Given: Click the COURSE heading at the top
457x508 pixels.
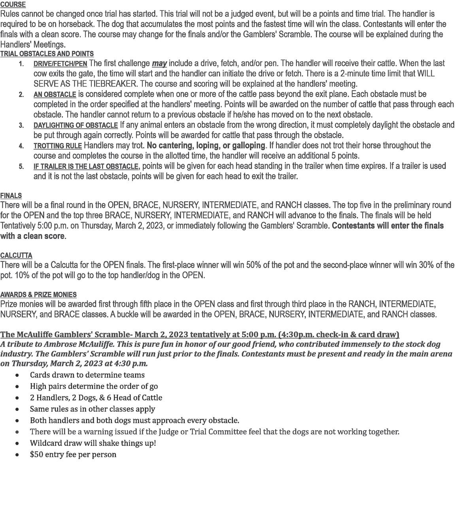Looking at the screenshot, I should click(x=13, y=5).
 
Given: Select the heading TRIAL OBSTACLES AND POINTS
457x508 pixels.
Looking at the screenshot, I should click(x=47, y=54).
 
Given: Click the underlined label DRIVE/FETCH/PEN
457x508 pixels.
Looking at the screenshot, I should click(x=60, y=64).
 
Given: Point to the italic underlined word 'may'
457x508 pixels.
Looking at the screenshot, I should click(x=159, y=64).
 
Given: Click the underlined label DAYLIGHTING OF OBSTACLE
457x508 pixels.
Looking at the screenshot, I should click(x=76, y=125).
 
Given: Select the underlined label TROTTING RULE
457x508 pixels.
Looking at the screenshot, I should click(x=58, y=146).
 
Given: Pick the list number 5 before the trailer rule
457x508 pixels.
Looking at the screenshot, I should click(x=21, y=166).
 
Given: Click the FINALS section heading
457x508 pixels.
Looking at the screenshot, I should click(x=11, y=196).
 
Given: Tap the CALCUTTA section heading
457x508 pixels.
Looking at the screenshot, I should click(x=16, y=255).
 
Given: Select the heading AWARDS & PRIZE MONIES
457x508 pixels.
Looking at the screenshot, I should click(x=38, y=295).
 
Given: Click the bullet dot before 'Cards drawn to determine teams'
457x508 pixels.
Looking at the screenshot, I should click(x=17, y=375).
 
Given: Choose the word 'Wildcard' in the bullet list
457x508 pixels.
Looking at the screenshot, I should click(x=46, y=443).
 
